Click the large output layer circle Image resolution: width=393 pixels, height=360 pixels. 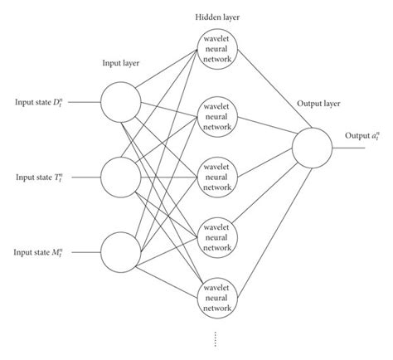pyautogui.click(x=312, y=150)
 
